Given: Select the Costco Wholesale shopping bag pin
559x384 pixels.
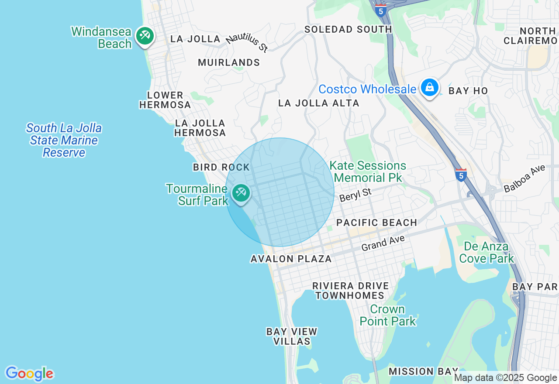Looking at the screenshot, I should (430, 88).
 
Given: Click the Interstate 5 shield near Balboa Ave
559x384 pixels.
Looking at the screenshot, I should (461, 175).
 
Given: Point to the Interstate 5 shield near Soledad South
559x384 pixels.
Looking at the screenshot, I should (381, 11).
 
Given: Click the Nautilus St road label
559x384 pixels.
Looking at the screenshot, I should (247, 43).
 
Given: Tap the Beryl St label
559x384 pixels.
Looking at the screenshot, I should (355, 195).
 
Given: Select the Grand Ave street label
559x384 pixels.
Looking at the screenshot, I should (383, 243).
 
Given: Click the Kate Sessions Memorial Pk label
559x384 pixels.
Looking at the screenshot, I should (368, 172).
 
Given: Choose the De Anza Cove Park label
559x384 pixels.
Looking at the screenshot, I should (486, 253).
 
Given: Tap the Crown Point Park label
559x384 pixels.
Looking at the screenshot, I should (387, 315).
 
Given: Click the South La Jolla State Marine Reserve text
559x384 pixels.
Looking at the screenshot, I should (64, 141).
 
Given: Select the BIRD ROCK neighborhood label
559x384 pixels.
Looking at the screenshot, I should (221, 167).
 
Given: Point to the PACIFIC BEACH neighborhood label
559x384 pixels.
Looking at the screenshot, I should (376, 223).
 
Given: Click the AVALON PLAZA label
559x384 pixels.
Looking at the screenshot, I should (291, 259).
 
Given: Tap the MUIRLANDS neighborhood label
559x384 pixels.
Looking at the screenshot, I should (229, 62).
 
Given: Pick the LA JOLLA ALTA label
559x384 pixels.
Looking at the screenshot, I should (319, 103).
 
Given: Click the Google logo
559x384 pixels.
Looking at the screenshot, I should (29, 374).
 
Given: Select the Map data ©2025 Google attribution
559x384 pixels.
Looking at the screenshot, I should (506, 378).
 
